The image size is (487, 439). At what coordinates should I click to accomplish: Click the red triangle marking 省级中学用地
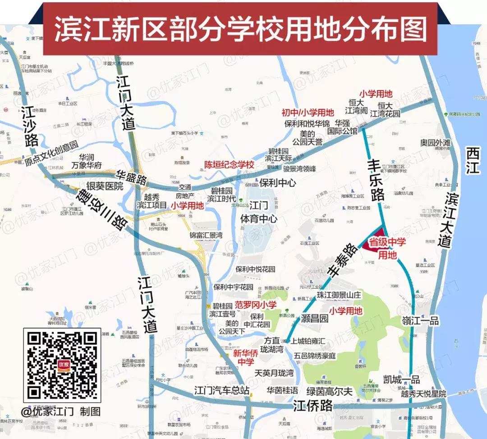pos(371,246)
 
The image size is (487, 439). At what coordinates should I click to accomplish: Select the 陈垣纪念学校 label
pos(230,165)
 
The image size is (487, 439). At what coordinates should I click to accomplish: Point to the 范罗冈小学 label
pos(256,305)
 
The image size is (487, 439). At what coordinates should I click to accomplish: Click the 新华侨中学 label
pos(246,358)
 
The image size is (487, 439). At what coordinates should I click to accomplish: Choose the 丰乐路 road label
pos(375,179)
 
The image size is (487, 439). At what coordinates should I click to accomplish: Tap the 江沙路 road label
pos(29,127)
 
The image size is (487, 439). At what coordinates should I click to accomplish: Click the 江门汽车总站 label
pos(221,390)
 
